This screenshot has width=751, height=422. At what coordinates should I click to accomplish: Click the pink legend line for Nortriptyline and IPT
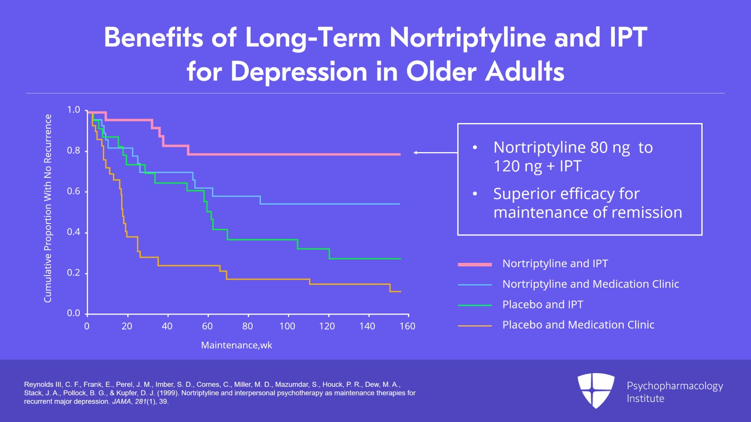point(475,264)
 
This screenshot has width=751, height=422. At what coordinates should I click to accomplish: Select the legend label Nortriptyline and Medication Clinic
point(590,284)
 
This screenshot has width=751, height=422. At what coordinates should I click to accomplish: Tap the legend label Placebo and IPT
point(543,305)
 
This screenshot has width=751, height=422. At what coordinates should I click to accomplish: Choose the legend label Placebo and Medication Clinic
point(578,325)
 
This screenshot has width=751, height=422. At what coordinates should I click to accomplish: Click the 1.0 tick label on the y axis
point(74,110)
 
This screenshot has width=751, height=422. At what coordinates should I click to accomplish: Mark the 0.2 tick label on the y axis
point(74,273)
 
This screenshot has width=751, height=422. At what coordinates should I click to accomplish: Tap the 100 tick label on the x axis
point(287,326)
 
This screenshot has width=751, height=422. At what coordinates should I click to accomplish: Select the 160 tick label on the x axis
point(407,326)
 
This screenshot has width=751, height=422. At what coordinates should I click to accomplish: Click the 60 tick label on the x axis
point(207,326)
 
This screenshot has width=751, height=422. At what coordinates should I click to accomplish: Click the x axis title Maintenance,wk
point(237,345)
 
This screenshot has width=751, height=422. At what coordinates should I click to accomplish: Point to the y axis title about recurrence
point(48,208)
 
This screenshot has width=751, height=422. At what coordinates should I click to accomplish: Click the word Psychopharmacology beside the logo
point(674,386)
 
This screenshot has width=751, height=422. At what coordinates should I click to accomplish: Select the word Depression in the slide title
point(299,72)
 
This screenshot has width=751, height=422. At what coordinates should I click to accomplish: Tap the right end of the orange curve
point(400,292)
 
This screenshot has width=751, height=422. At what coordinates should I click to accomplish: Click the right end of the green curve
point(400,259)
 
